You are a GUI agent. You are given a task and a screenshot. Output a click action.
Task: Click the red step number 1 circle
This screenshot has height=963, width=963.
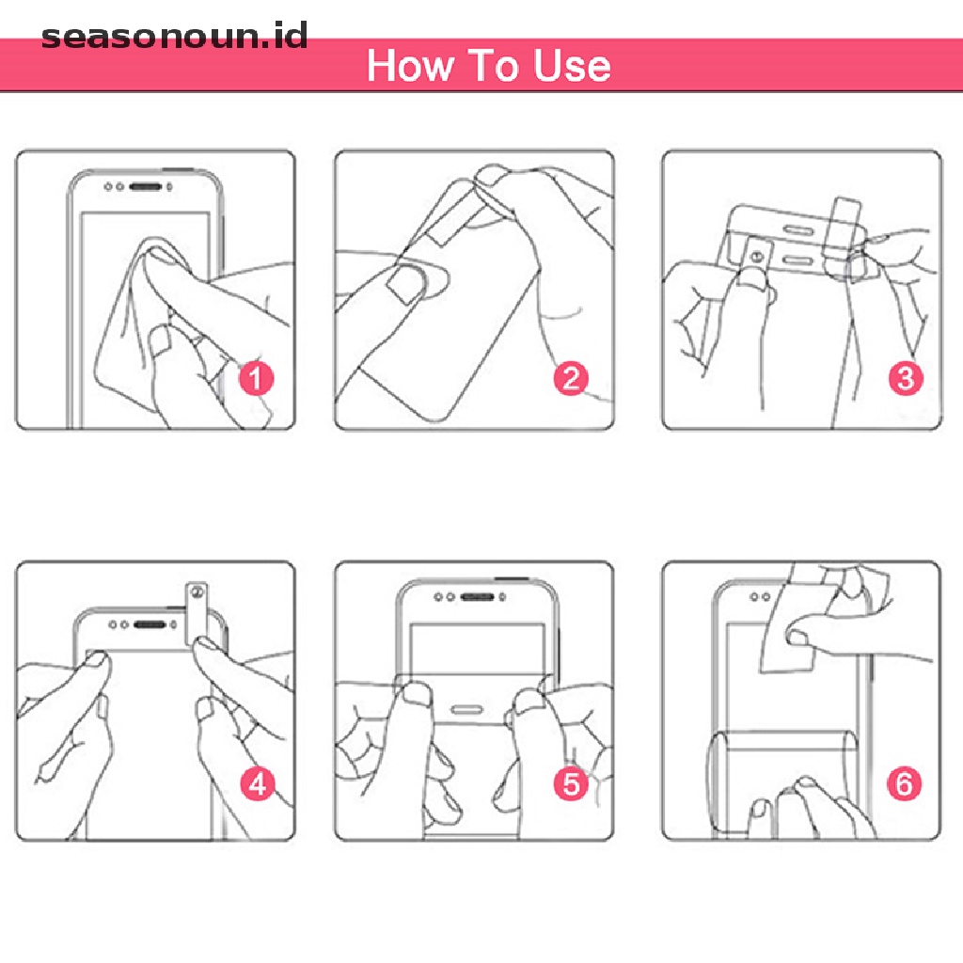(256, 380)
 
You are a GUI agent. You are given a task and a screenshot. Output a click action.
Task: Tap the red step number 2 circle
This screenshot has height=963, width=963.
(572, 379)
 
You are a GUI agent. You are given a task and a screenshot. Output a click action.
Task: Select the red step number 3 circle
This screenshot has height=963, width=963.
(905, 379)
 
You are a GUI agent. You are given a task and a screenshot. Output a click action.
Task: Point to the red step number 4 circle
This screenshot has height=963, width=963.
(256, 784)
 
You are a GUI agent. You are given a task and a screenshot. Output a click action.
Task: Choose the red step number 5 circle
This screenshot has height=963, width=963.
(572, 784)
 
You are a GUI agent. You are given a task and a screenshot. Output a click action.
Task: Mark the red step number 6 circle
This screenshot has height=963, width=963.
(905, 784)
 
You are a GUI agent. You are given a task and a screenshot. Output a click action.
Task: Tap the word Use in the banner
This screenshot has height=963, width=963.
(572, 66)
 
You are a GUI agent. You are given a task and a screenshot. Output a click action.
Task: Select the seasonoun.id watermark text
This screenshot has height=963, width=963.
(175, 38)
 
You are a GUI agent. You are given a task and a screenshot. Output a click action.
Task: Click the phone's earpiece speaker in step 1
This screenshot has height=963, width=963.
(147, 186)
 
